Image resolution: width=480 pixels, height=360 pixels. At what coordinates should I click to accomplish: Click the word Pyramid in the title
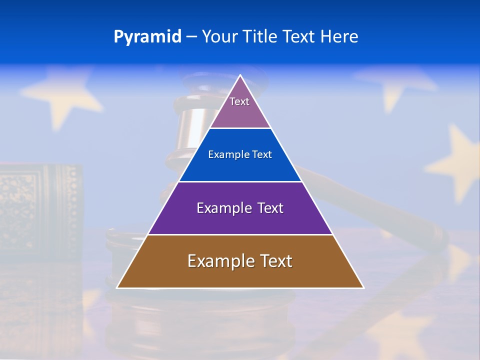[x=147, y=37]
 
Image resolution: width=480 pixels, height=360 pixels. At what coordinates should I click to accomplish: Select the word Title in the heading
[x=261, y=36]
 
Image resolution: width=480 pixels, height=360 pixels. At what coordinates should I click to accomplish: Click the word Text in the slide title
[x=299, y=36]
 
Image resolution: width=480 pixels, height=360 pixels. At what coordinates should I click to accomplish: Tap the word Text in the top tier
[x=239, y=101]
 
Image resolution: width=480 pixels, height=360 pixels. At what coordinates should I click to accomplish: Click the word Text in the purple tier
[x=270, y=208]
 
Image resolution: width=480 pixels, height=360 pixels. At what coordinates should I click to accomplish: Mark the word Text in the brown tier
[x=276, y=261]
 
